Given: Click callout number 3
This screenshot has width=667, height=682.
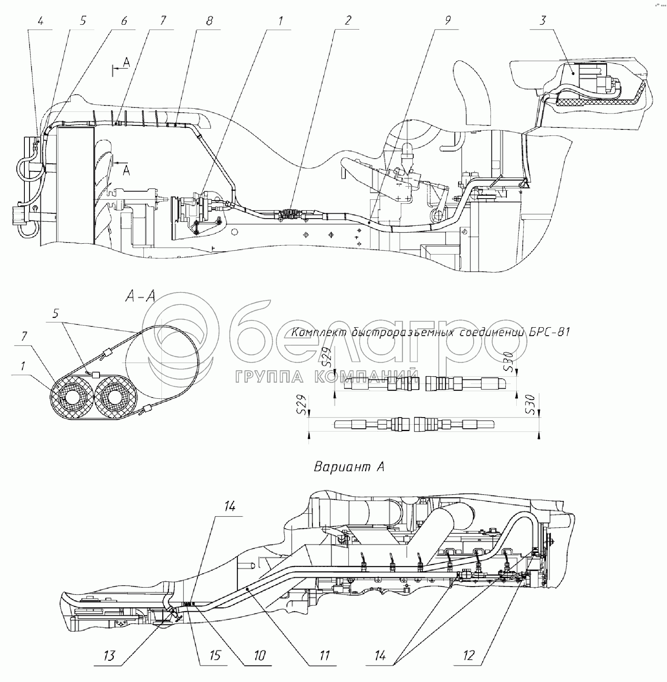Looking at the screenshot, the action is pyautogui.click(x=542, y=21).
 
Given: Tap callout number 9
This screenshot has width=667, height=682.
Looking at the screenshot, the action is pyautogui.click(x=448, y=21).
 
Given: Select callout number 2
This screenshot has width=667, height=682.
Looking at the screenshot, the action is pyautogui.click(x=348, y=21).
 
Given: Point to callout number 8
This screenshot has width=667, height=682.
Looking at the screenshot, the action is pyautogui.click(x=209, y=21).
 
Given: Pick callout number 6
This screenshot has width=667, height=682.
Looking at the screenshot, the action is pyautogui.click(x=124, y=21).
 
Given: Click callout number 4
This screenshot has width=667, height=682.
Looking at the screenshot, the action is pyautogui.click(x=41, y=21).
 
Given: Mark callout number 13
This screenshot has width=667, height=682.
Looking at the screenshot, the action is pyautogui.click(x=109, y=655).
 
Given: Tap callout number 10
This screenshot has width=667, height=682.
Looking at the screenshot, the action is pyautogui.click(x=259, y=655).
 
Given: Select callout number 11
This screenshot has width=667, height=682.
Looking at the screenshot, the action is pyautogui.click(x=324, y=655).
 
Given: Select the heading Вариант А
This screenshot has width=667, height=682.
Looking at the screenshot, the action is pyautogui.click(x=349, y=467).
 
